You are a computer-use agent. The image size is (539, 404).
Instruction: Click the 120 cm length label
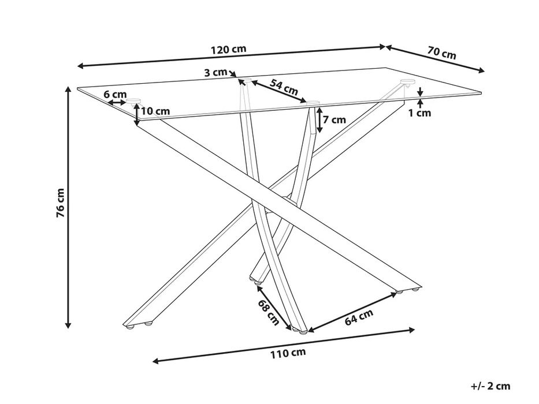(229, 49)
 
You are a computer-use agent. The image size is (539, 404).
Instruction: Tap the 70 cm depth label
(442, 53)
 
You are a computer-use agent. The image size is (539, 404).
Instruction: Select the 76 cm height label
(60, 203)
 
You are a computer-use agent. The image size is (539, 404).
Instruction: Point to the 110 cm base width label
(288, 353)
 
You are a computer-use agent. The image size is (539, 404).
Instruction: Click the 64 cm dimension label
(359, 316)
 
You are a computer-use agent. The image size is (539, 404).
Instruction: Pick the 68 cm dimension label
(269, 312)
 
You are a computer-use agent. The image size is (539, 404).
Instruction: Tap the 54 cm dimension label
(284, 87)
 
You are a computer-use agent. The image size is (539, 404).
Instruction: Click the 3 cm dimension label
(216, 73)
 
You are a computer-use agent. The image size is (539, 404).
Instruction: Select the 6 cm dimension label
(115, 94)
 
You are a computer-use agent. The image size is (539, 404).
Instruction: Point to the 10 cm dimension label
(156, 111)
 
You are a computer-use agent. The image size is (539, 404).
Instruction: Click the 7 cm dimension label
(334, 119)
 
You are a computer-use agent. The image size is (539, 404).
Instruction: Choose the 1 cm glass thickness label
(419, 113)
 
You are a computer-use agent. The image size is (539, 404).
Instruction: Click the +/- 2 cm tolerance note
(491, 386)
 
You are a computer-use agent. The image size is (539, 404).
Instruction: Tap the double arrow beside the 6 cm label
(117, 102)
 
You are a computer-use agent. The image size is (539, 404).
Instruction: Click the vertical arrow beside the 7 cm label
(319, 120)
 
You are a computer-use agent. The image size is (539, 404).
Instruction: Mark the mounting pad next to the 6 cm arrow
(133, 100)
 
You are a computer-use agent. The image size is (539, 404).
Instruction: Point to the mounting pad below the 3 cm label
(245, 81)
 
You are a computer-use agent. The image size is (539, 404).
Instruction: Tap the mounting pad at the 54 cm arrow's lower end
(313, 102)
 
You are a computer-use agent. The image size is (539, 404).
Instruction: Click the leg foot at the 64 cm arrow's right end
(399, 292)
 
